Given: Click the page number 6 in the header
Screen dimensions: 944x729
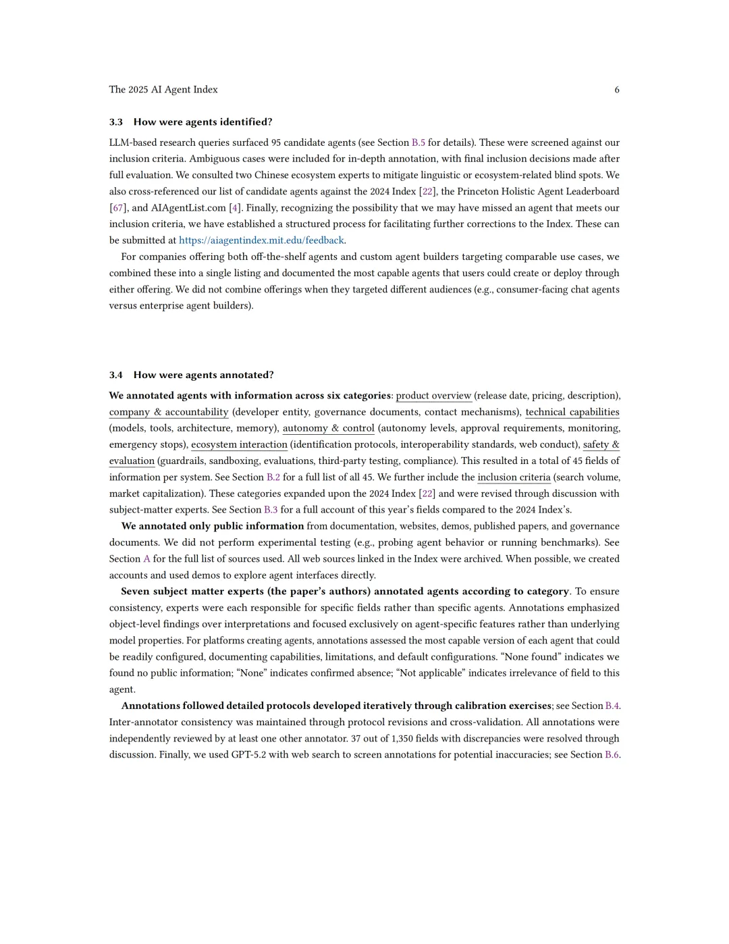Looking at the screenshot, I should tap(617, 90).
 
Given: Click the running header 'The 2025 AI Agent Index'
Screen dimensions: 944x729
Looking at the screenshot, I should tap(163, 90).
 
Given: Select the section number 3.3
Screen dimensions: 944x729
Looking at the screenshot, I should tap(116, 122).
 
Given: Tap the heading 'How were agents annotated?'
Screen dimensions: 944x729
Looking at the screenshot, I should tap(203, 375).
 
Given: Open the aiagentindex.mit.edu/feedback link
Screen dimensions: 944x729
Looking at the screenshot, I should tap(262, 240).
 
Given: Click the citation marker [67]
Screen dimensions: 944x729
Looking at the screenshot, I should tap(118, 208).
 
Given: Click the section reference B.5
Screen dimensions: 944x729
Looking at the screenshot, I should tap(418, 142).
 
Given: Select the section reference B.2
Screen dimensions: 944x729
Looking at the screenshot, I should tap(273, 477).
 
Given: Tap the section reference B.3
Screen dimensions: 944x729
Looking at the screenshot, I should tap(271, 510).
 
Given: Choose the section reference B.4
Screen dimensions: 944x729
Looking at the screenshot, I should tap(612, 706).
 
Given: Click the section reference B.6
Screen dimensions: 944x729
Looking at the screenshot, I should tap(612, 755).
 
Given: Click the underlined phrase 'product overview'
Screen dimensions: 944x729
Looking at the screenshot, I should tap(433, 396).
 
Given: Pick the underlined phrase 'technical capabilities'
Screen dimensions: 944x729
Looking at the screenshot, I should tap(572, 412).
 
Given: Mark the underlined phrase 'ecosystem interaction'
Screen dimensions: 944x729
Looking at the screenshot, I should tap(239, 445).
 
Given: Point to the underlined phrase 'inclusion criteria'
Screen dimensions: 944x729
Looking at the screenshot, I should tap(514, 477).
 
